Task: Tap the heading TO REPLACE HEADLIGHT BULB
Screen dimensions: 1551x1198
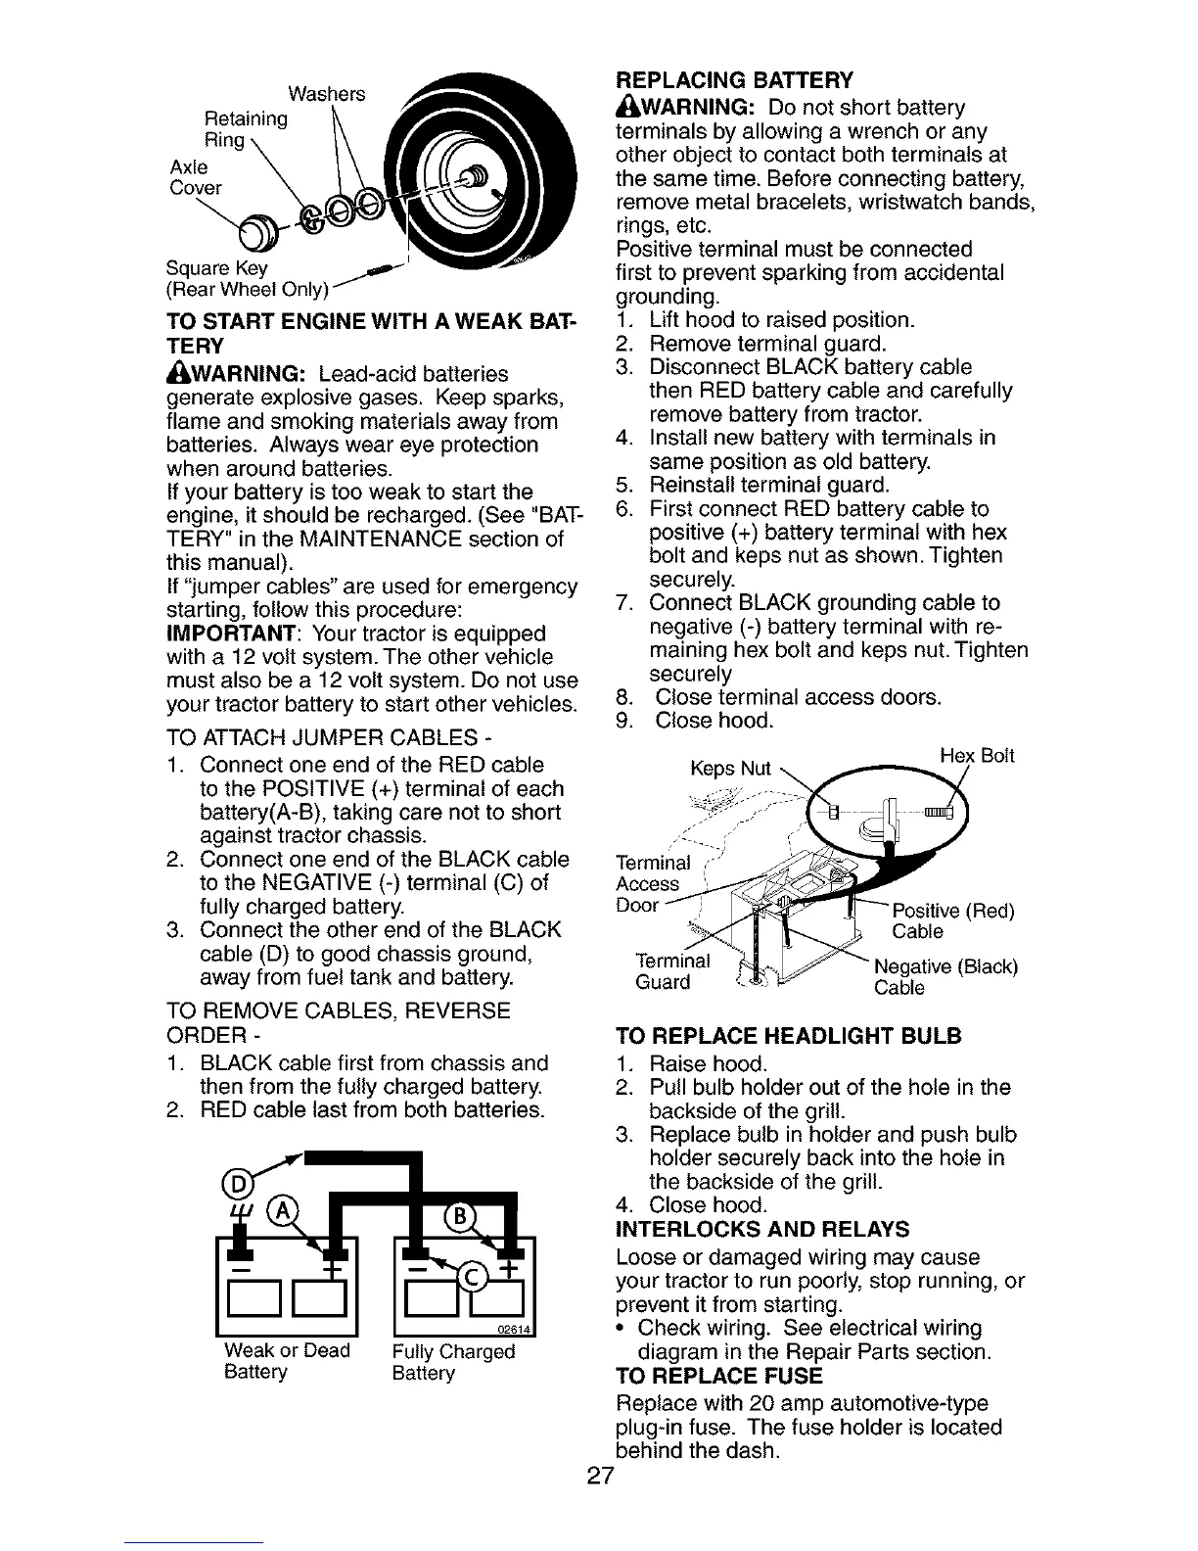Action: pos(789,1037)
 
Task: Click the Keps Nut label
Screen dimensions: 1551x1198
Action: pos(730,769)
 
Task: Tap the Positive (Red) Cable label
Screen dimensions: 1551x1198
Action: pos(952,921)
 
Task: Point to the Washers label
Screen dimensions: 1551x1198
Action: pos(326,94)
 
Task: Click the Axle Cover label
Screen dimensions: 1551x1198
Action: pos(196,177)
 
